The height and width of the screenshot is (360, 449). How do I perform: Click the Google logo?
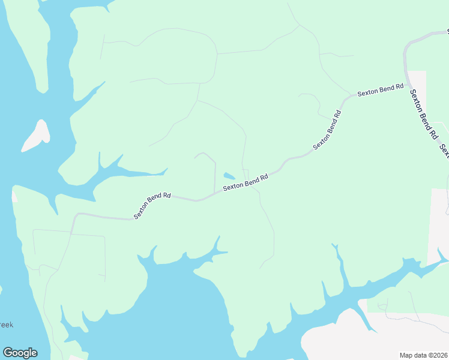click(20, 353)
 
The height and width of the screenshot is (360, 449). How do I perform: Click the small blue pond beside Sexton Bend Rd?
click(229, 176)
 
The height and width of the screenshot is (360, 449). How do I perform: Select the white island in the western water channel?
click(36, 136)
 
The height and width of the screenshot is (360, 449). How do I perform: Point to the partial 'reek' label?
click(6, 325)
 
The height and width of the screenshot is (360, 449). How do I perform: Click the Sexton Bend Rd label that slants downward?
click(423, 114)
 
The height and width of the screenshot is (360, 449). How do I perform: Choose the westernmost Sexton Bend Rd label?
click(152, 205)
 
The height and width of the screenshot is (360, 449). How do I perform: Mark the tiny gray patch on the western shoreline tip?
click(14, 196)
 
